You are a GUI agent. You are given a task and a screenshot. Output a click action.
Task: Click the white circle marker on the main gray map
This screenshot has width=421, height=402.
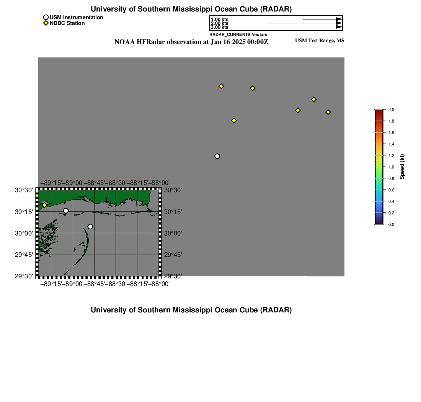217,156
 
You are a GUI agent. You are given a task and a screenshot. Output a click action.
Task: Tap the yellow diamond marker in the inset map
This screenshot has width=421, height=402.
44,205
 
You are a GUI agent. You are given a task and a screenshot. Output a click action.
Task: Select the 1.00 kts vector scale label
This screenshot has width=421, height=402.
220,20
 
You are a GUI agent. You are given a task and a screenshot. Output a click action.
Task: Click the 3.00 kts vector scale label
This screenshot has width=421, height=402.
220,27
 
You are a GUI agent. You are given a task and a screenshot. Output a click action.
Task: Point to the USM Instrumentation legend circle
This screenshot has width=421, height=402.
46,18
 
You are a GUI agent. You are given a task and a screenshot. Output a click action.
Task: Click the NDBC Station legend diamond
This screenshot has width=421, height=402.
46,23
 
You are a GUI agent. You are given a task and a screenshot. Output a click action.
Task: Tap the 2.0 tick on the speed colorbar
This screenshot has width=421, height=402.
391,109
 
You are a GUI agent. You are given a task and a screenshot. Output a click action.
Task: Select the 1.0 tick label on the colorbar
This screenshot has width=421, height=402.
391,167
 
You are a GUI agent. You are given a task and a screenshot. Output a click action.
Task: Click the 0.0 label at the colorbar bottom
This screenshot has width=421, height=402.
391,224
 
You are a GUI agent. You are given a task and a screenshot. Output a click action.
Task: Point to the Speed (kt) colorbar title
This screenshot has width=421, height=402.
402,167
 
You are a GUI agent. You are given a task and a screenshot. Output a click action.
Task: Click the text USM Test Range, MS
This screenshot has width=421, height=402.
320,41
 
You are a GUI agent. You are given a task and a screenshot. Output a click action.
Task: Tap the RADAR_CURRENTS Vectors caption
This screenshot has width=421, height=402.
238,34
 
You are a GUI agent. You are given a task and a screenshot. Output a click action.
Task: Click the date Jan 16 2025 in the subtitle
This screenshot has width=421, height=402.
228,42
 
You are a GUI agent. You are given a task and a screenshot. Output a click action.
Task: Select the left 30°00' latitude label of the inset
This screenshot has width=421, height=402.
24,233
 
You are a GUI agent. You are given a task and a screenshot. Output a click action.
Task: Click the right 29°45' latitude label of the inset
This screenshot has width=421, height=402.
173,255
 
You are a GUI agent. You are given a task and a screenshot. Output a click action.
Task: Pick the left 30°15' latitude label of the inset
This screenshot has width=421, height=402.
24,212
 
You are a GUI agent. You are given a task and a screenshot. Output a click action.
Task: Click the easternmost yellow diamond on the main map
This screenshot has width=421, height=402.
328,112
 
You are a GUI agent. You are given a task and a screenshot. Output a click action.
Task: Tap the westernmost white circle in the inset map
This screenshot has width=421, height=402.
66,211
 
